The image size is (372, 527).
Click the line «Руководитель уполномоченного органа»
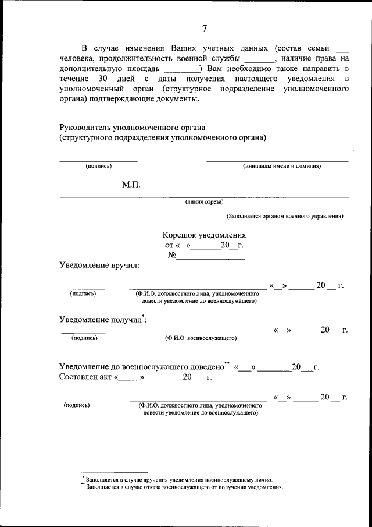pos(133,128)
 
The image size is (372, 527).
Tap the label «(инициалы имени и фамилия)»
pos(282,166)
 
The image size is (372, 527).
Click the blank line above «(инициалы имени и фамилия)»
pos(277,161)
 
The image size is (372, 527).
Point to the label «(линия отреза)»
pos(204,202)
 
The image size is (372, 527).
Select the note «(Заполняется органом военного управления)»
pos(285,216)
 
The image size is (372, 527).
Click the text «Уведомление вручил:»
pos(99,266)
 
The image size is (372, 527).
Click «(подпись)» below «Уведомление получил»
pos(84,338)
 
